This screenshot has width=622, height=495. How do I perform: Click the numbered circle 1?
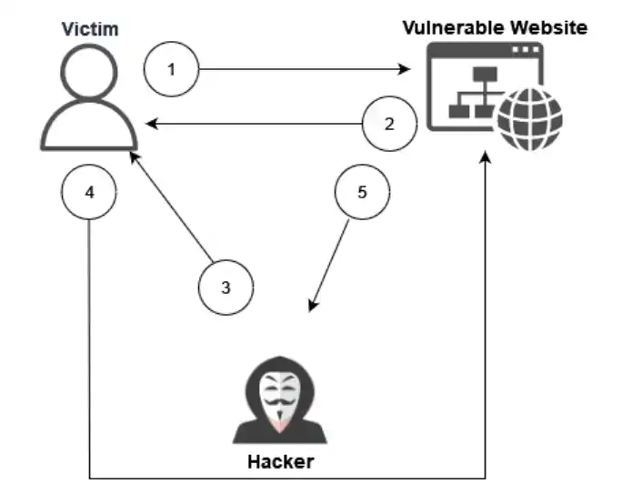[x=172, y=68]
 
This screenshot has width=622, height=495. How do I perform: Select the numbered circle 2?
[x=389, y=124]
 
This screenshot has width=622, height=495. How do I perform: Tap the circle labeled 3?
[x=226, y=287]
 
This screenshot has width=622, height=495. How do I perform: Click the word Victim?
[x=89, y=29]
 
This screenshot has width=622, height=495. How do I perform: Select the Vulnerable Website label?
[x=496, y=27]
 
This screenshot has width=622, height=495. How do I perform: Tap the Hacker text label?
[x=280, y=461]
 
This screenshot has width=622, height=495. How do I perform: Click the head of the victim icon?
[x=89, y=73]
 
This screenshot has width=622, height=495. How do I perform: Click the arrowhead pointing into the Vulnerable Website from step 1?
[x=408, y=68]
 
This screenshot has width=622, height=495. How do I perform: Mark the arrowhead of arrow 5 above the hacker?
[x=314, y=307]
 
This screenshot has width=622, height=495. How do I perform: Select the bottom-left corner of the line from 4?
[x=89, y=478]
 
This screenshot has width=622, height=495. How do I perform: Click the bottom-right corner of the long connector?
[x=487, y=478]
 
